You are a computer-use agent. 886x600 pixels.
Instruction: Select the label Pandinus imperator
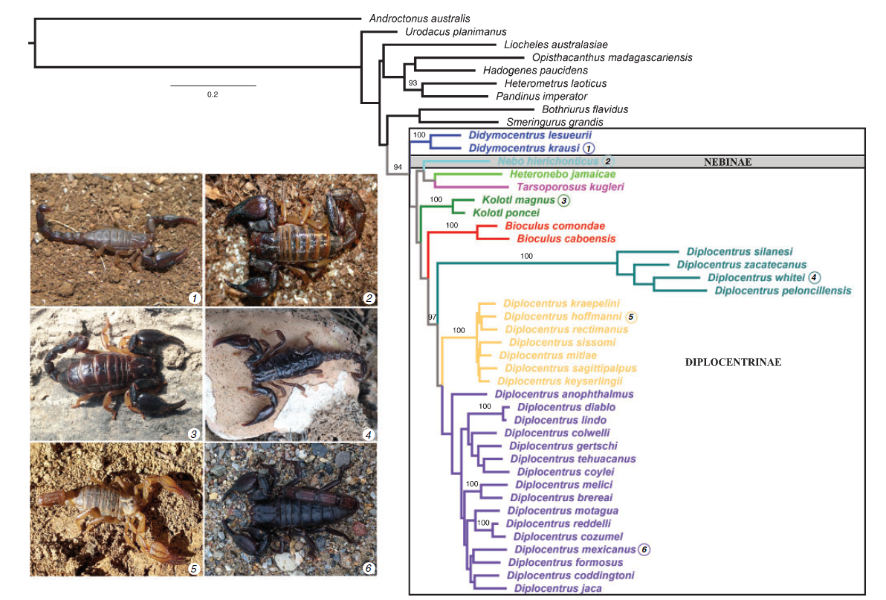541,96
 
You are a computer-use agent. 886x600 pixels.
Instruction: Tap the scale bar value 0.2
213,94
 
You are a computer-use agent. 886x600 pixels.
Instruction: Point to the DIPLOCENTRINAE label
732,362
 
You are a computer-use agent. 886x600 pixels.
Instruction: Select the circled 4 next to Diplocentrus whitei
815,277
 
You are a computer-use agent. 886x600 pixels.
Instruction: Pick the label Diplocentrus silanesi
734,252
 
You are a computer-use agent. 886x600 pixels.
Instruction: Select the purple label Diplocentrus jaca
557,588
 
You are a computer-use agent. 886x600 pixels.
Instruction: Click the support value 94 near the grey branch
398,167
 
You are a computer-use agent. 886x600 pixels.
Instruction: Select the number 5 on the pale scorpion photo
193,569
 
